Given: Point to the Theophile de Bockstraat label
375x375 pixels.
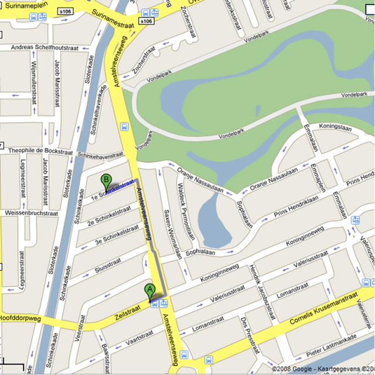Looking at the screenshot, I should coord(40,151).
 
